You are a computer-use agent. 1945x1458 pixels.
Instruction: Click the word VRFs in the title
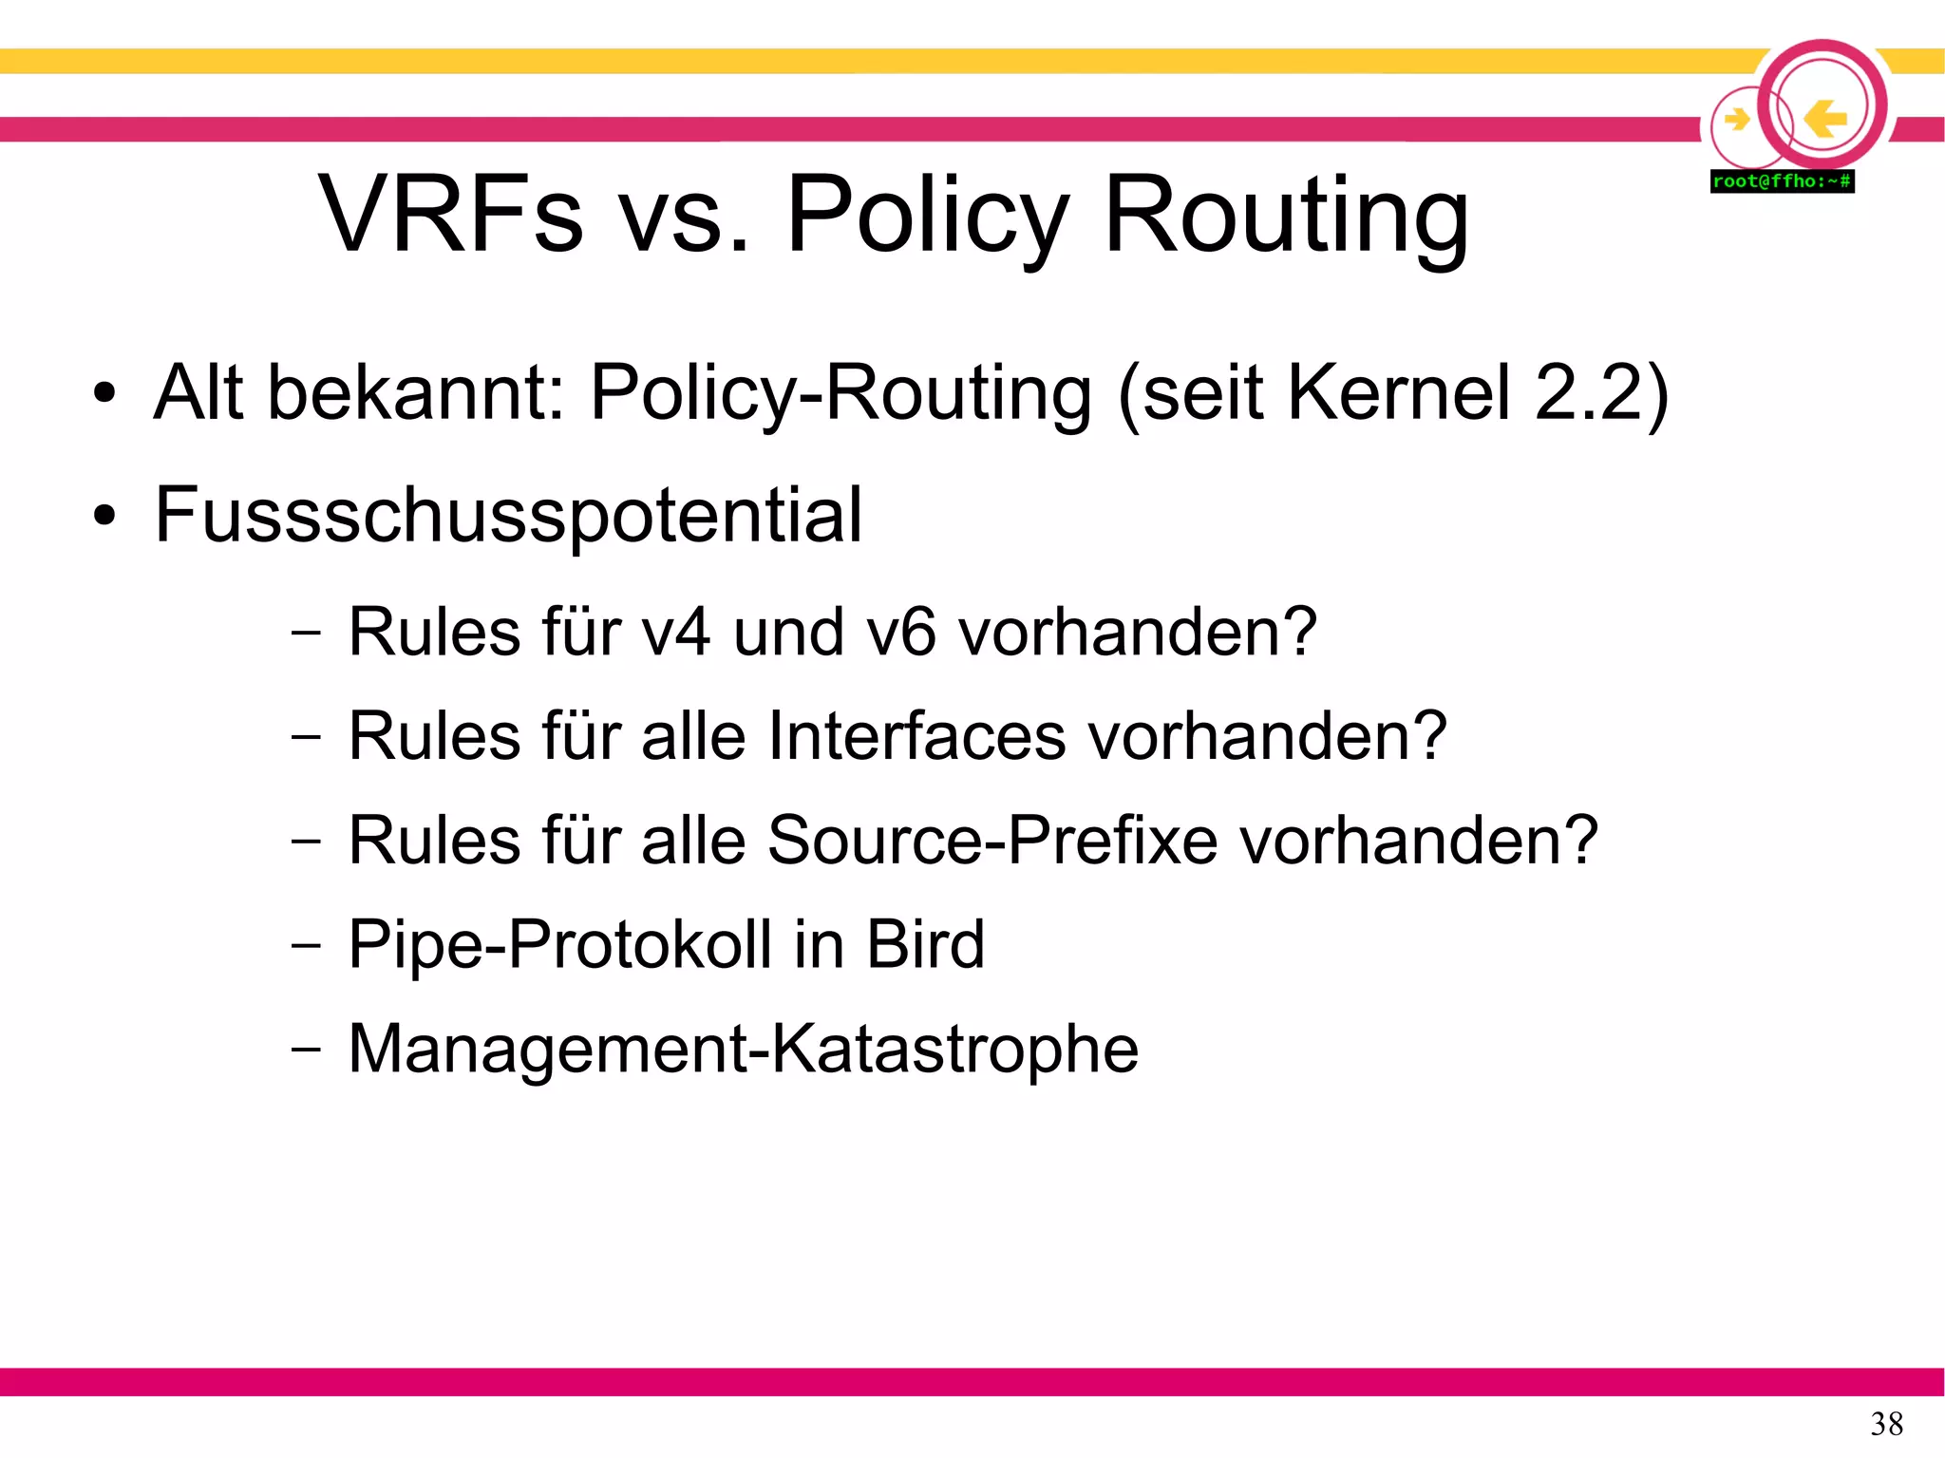(x=450, y=215)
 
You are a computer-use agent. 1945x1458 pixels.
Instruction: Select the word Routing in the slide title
(x=1286, y=217)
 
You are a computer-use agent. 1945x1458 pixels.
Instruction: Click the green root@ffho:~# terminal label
(x=1782, y=181)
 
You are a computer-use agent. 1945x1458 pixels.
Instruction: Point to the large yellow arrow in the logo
(x=1824, y=119)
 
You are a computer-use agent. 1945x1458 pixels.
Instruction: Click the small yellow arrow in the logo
(x=1736, y=120)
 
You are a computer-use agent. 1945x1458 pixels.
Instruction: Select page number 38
(x=1886, y=1424)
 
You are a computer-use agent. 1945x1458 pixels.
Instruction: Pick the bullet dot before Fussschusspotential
(x=104, y=516)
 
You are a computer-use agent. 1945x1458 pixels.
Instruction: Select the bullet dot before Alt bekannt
(x=104, y=393)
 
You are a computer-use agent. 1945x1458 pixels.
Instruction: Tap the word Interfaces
(x=916, y=736)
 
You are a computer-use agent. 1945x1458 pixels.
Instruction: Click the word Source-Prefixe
(x=992, y=841)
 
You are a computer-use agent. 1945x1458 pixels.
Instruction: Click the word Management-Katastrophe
(x=744, y=1050)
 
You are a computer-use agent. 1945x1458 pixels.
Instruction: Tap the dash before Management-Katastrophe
(x=306, y=1049)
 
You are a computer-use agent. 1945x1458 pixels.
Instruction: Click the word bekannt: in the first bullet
(x=417, y=392)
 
